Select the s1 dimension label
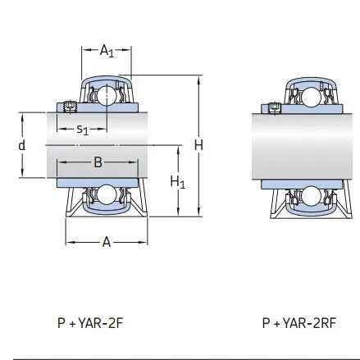pyautogui.click(x=82, y=129)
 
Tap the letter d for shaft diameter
pyautogui.click(x=22, y=144)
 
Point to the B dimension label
pyautogui.click(x=98, y=162)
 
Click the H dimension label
pyautogui.click(x=198, y=145)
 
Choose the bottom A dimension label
pyautogui.click(x=106, y=243)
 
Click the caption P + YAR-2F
pyautogui.click(x=90, y=323)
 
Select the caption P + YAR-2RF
pyautogui.click(x=299, y=323)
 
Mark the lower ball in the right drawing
pyautogui.click(x=308, y=197)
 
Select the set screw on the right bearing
pyautogui.click(x=275, y=107)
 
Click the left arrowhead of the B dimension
pyautogui.click(x=60, y=162)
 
